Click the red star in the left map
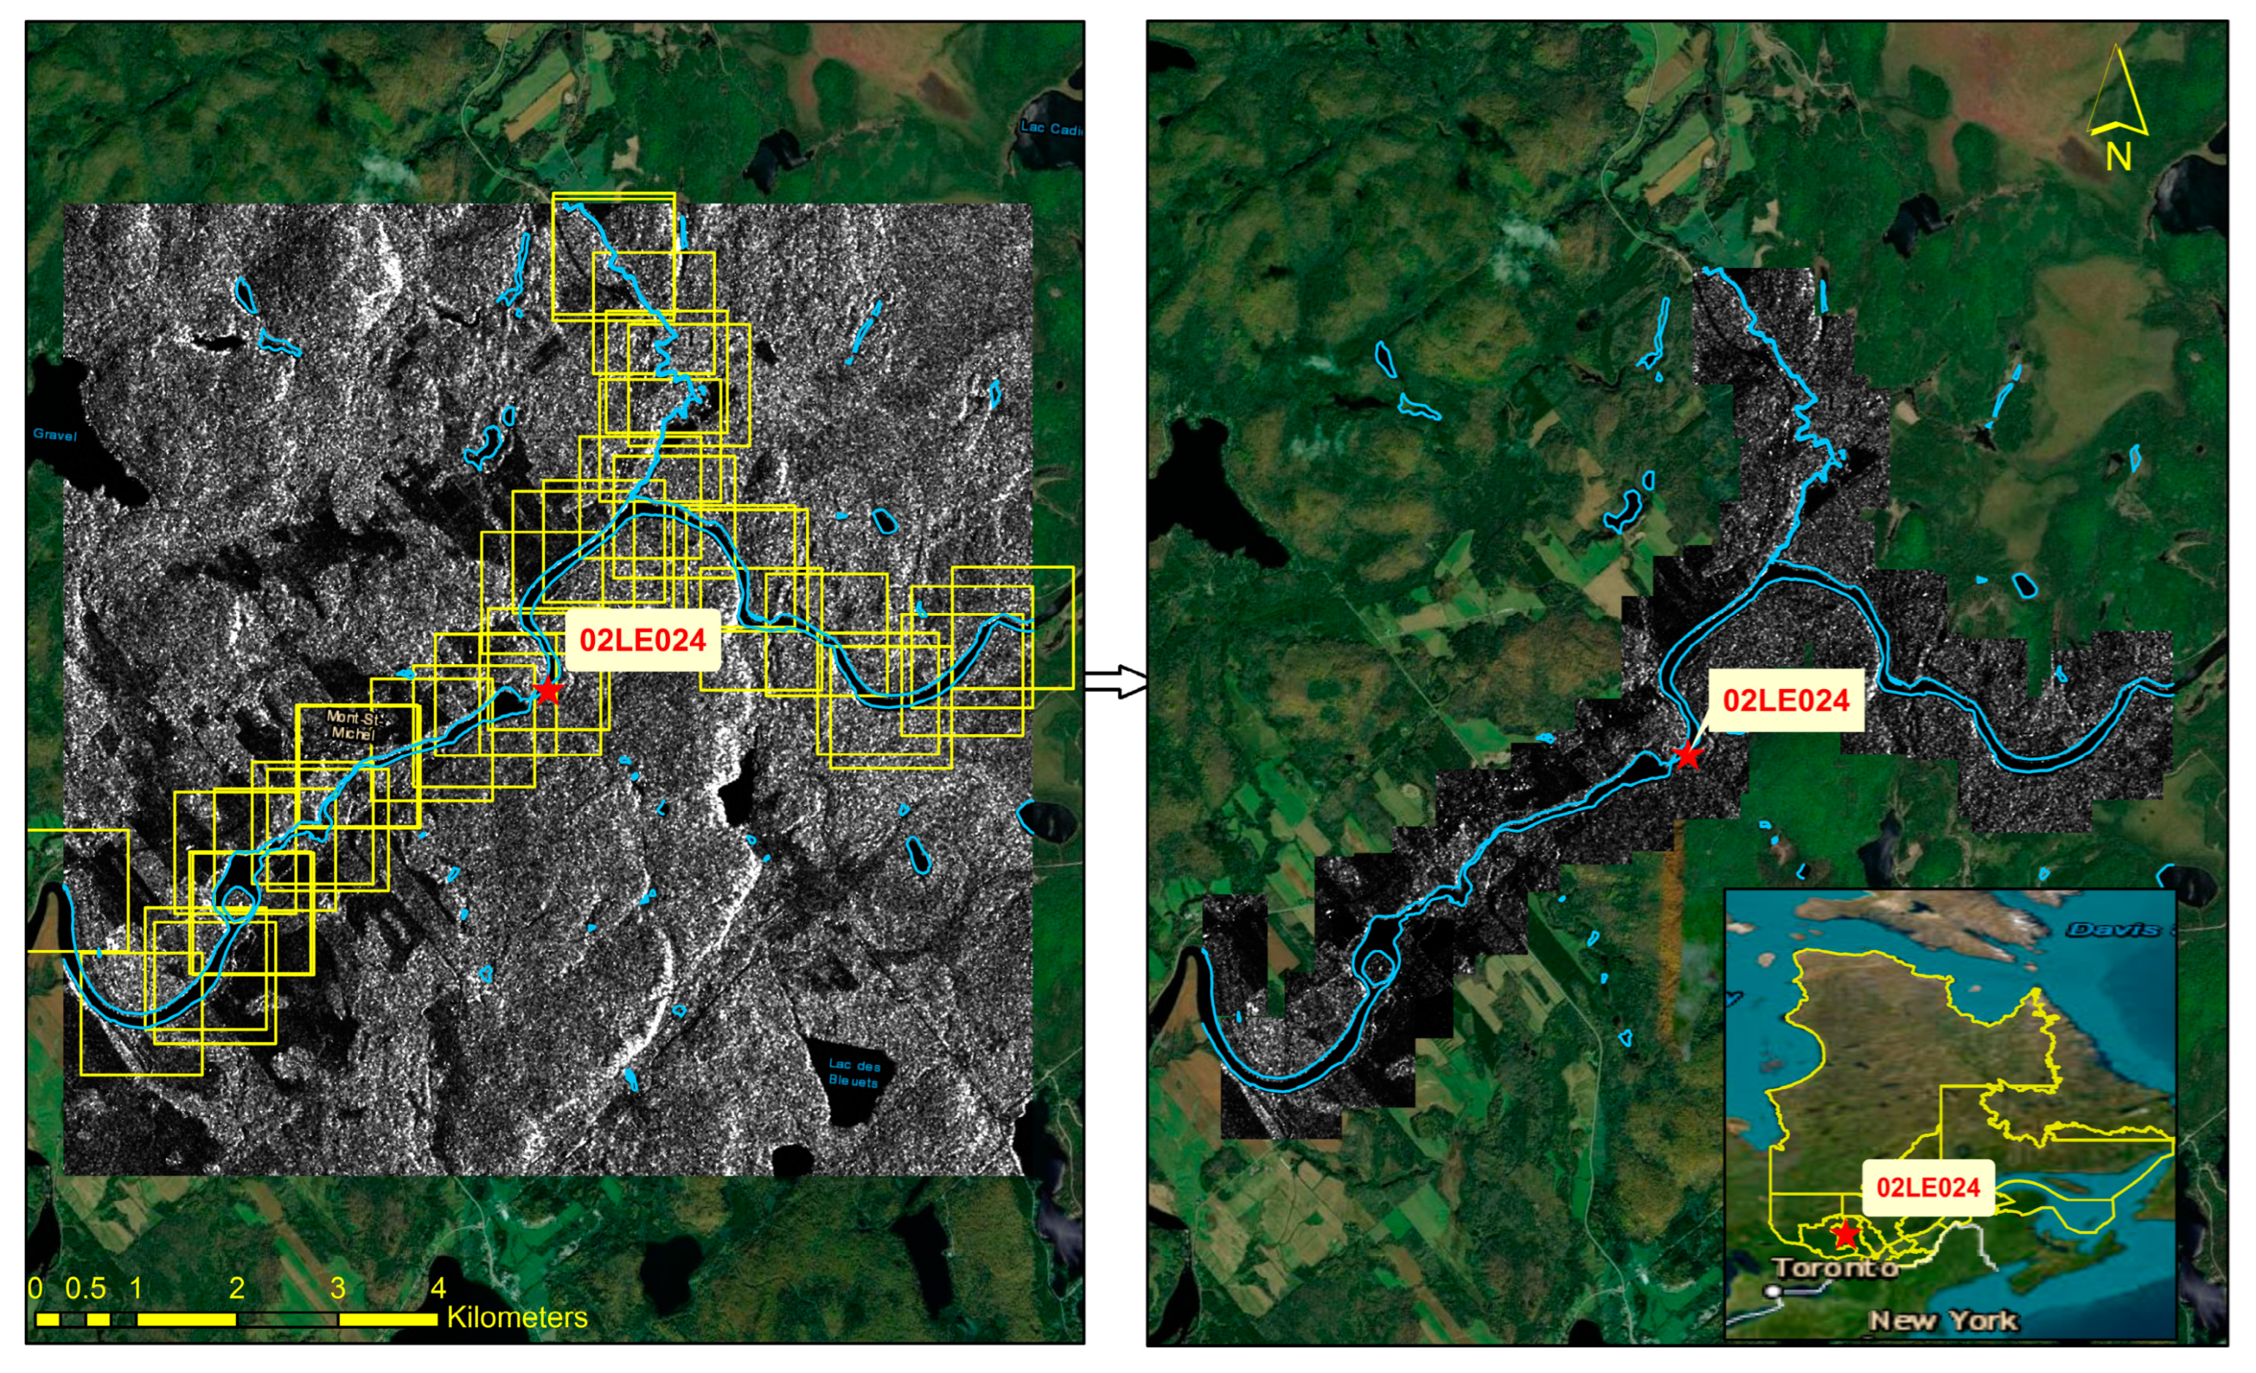pyautogui.click(x=547, y=691)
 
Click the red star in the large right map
pyautogui.click(x=1687, y=756)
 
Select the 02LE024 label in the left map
pyautogui.click(x=642, y=640)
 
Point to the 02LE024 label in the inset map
pyautogui.click(x=1927, y=1187)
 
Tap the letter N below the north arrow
pyautogui.click(x=2118, y=157)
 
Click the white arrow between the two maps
pyautogui.click(x=1116, y=681)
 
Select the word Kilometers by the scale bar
pyautogui.click(x=517, y=1317)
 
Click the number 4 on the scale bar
pyautogui.click(x=438, y=1288)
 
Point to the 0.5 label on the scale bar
pyautogui.click(x=86, y=1288)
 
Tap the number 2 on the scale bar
pyautogui.click(x=237, y=1288)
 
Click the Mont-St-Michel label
pyautogui.click(x=354, y=725)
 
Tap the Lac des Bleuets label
pyautogui.click(x=854, y=1072)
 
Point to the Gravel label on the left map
pyautogui.click(x=55, y=434)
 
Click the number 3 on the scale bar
pyautogui.click(x=338, y=1288)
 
